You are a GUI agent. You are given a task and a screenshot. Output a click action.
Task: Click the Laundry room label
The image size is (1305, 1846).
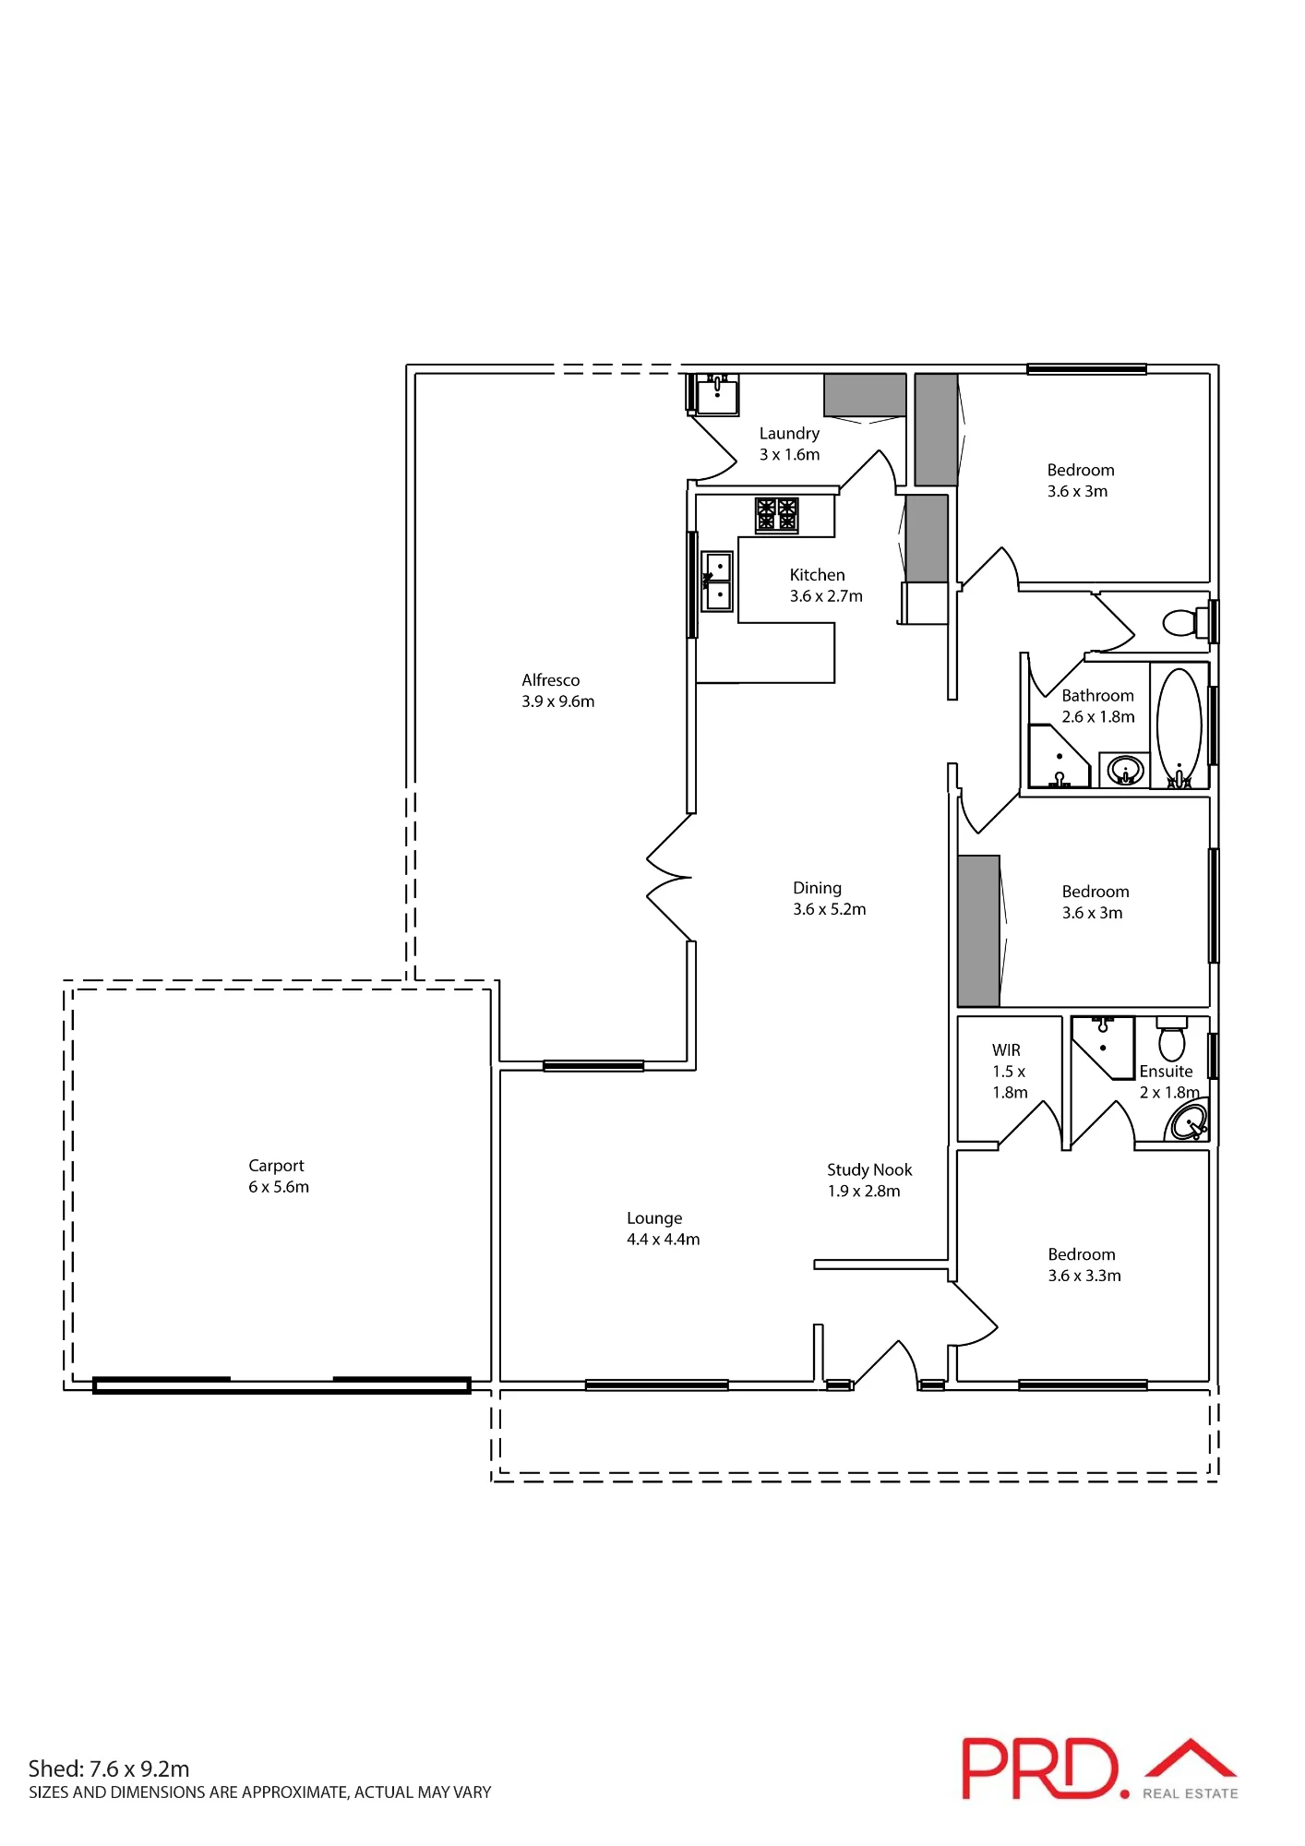pyautogui.click(x=789, y=434)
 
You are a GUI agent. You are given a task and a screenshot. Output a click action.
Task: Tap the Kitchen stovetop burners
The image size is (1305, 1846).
pyautogui.click(x=776, y=515)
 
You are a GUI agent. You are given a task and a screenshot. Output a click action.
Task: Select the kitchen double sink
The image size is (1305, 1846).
pyautogui.click(x=717, y=581)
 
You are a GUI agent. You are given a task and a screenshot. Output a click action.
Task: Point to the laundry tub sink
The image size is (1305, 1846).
pyautogui.click(x=717, y=395)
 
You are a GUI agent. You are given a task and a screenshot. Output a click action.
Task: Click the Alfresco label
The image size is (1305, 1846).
pyautogui.click(x=551, y=680)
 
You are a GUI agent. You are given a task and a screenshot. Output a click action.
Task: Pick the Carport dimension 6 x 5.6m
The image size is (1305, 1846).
pyautogui.click(x=279, y=1187)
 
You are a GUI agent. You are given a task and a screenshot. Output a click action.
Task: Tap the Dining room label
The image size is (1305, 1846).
pyautogui.click(x=817, y=888)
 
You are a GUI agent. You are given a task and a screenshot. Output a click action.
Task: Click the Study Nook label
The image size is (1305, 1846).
pyautogui.click(x=869, y=1169)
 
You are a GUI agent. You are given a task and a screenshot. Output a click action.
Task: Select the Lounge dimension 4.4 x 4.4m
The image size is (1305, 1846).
pyautogui.click(x=664, y=1240)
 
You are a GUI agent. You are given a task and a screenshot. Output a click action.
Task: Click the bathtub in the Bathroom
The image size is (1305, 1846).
pyautogui.click(x=1179, y=725)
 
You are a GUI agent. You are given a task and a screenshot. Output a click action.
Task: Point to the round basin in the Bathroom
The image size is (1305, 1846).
pyautogui.click(x=1125, y=770)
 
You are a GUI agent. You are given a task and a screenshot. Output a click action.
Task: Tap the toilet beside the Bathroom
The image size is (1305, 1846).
pyautogui.click(x=1186, y=622)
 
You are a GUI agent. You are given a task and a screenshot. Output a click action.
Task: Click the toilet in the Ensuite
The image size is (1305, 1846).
pyautogui.click(x=1172, y=1038)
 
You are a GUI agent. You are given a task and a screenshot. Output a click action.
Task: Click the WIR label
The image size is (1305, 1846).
pyautogui.click(x=1006, y=1050)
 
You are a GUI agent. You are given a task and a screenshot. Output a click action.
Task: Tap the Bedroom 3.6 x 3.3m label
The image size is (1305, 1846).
pyautogui.click(x=1084, y=1265)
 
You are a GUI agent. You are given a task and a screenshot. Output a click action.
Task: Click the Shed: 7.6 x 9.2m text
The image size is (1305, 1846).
pyautogui.click(x=109, y=1768)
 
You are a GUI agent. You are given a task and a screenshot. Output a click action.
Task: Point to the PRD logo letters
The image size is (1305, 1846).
pyautogui.click(x=1040, y=1768)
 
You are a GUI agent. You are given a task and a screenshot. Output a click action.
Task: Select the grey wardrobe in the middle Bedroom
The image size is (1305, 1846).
pyautogui.click(x=979, y=930)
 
